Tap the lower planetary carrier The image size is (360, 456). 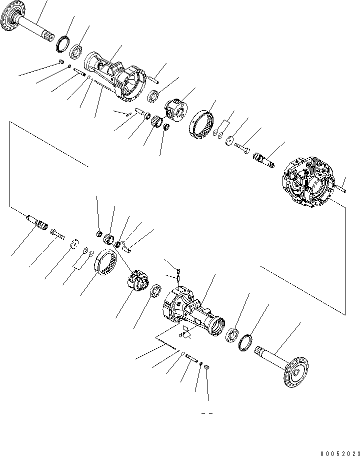point(134,282)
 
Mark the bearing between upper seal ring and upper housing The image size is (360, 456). point(76,53)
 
